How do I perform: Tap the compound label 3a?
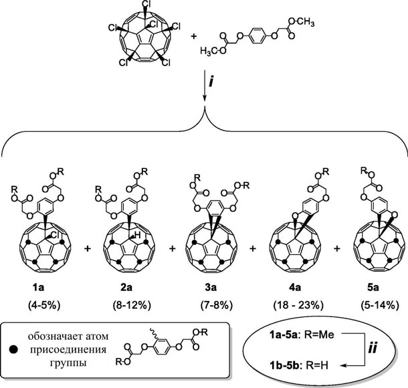[x=211, y=288]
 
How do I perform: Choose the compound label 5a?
[x=373, y=288]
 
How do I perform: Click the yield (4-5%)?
[x=45, y=305]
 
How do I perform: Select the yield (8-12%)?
[x=132, y=305]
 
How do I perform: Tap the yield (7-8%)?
[x=217, y=305]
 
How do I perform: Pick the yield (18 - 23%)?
[x=298, y=305]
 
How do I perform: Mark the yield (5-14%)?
[x=380, y=305]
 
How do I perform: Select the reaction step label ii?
[x=373, y=349]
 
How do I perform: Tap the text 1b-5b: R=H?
[x=299, y=366]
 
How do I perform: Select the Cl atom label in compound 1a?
[x=56, y=235]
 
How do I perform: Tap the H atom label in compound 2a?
[x=138, y=235]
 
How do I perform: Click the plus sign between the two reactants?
[x=193, y=36]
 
